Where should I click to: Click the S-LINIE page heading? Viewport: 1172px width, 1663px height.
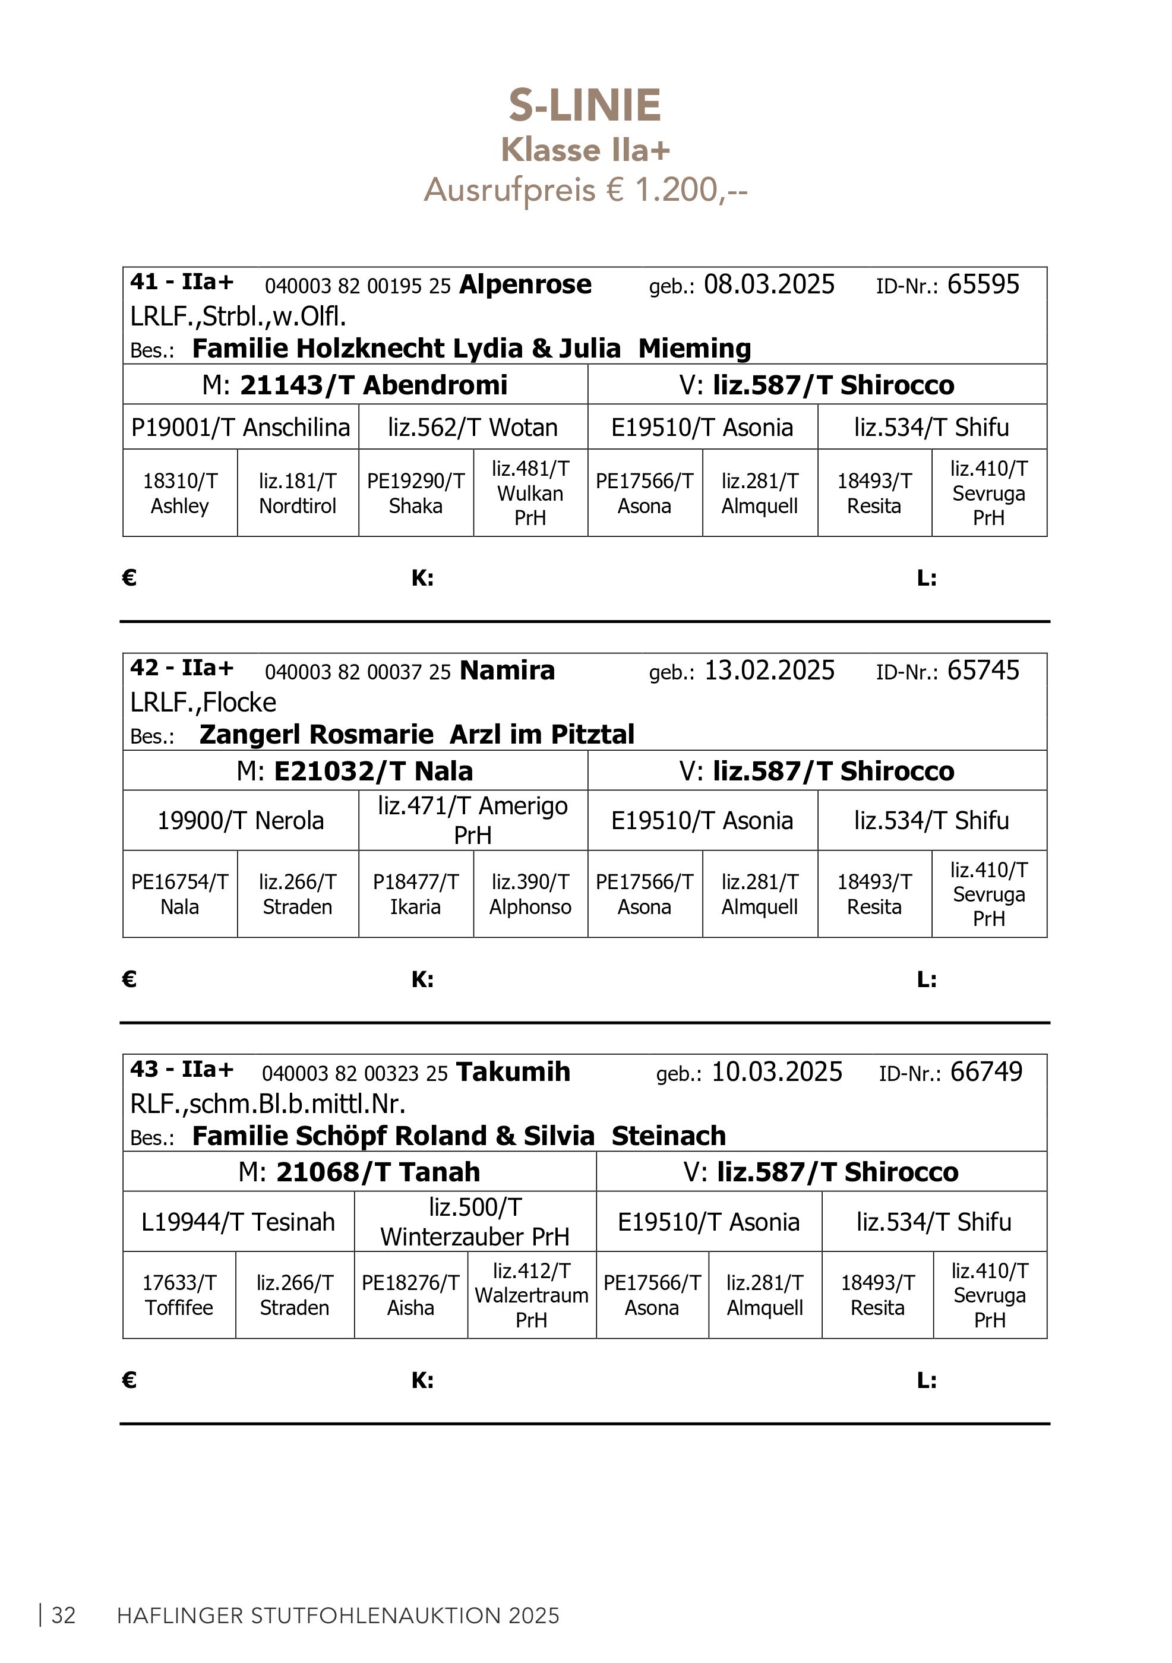pos(585,106)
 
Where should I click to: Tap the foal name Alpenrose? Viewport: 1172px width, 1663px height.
pos(525,284)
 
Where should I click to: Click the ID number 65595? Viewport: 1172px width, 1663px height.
pos(983,284)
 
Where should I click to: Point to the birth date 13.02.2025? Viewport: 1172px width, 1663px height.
pos(769,671)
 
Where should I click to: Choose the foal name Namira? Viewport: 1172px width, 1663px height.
pos(507,671)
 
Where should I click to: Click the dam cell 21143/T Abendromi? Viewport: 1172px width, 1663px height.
pos(355,385)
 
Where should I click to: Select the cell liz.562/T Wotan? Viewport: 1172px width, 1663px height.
pos(472,428)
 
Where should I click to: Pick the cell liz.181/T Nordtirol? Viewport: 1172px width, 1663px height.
pos(298,493)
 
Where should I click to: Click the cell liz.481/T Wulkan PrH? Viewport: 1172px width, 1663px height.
pos(530,493)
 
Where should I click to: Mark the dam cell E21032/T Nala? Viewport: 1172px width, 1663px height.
pos(355,771)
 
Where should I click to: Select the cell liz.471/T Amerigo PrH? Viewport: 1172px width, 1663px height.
pos(472,820)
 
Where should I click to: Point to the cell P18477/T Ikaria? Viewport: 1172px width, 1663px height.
pos(416,894)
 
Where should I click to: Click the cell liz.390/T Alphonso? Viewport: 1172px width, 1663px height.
pos(530,894)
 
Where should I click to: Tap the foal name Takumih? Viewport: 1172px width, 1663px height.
pos(514,1072)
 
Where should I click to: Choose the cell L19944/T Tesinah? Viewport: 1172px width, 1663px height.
pos(238,1222)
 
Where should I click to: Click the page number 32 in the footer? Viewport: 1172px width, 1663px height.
pos(64,1616)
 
